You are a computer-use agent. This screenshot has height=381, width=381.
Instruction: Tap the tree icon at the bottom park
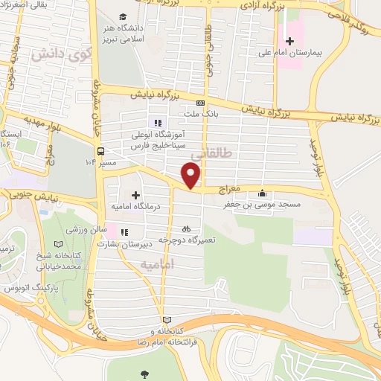tap(143, 374)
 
